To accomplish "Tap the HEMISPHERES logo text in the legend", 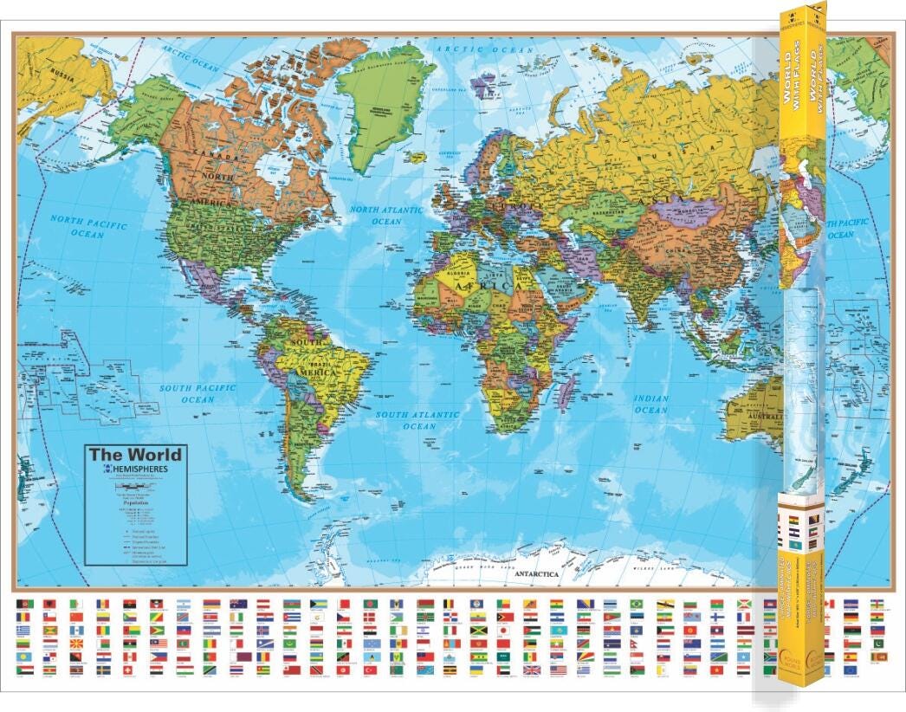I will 140,469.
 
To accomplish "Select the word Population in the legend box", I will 133,501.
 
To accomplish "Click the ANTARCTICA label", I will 535,574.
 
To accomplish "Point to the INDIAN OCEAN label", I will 650,405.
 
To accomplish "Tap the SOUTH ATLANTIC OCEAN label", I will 417,421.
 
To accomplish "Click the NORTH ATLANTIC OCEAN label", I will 386,215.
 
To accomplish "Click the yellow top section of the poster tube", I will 801,147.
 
